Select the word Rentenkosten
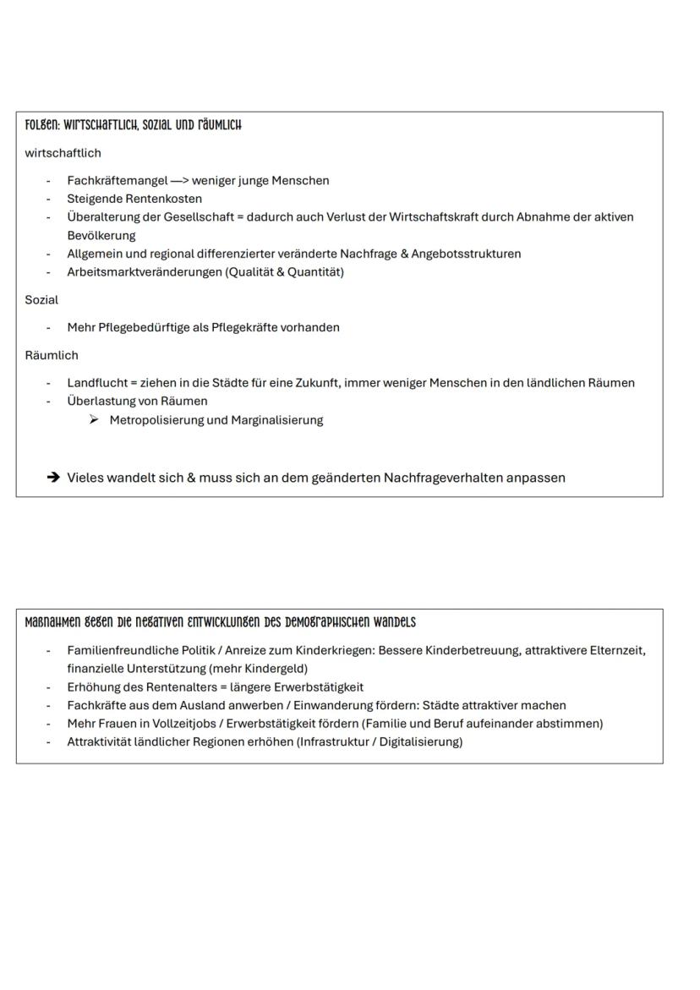(165, 199)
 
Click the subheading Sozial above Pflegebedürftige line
(41, 299)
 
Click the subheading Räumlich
(52, 355)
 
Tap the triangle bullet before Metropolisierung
(94, 420)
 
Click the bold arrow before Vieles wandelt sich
(53, 478)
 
